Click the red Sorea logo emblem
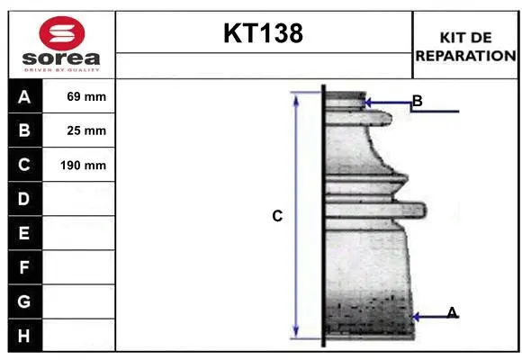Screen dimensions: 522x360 tap(62, 33)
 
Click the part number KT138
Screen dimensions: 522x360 tap(264, 33)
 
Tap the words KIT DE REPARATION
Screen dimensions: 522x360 tap(465, 47)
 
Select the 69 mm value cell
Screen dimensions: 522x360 tap(79, 96)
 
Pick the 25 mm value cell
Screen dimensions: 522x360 tap(79, 130)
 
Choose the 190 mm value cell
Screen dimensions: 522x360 tap(79, 166)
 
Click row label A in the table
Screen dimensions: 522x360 tap(24, 97)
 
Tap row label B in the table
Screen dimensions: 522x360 tap(24, 130)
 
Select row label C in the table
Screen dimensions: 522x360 tap(24, 165)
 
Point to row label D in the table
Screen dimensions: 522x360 tap(24, 199)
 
